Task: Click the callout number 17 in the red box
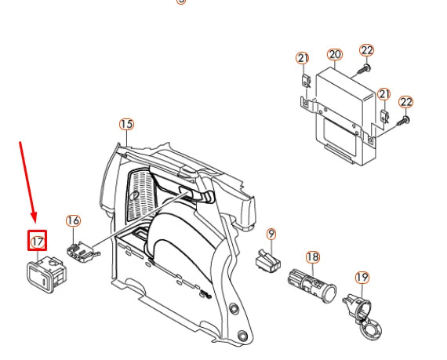(38, 242)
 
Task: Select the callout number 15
(126, 124)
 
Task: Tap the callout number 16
(73, 221)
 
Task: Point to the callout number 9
(271, 234)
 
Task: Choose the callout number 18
(312, 257)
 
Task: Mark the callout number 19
(362, 278)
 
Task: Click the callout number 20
(335, 55)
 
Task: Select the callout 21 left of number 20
(303, 58)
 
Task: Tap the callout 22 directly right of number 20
(366, 50)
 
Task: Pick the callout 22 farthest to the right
(405, 102)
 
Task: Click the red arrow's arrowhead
(34, 220)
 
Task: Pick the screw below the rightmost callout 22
(402, 120)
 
